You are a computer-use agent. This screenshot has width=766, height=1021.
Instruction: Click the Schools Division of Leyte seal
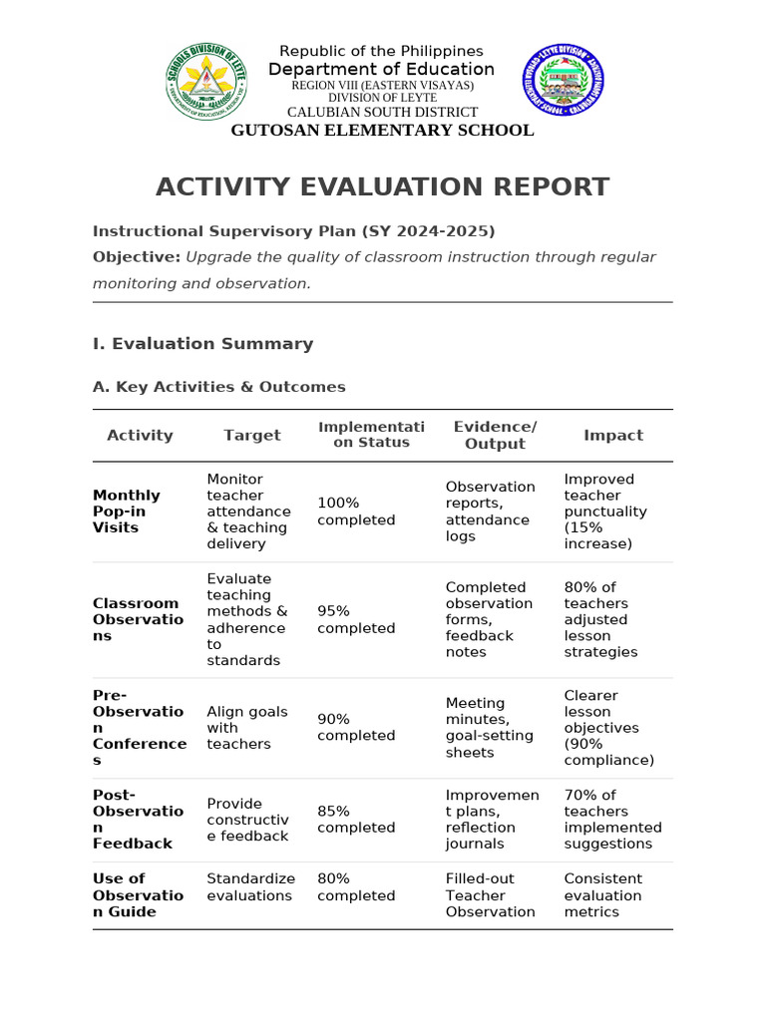(x=206, y=84)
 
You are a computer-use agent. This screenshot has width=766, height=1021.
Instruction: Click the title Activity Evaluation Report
(x=382, y=186)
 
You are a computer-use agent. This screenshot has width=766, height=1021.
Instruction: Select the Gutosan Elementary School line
(x=382, y=131)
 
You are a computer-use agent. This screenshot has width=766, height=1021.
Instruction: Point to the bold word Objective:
(x=137, y=257)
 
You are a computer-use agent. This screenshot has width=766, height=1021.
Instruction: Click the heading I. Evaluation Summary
(x=202, y=344)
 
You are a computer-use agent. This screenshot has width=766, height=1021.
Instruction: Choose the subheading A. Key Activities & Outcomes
(x=219, y=387)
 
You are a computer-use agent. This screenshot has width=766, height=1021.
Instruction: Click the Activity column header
(x=140, y=435)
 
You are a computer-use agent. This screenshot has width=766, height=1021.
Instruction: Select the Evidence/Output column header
(x=495, y=435)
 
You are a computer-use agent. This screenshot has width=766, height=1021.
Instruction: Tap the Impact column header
(x=613, y=435)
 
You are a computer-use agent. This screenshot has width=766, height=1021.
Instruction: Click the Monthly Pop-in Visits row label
(x=127, y=511)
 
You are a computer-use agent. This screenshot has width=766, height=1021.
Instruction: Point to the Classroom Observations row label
(x=138, y=619)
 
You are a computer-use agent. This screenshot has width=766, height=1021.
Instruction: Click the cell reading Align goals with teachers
(x=246, y=728)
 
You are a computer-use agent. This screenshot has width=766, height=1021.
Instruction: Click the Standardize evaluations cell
(x=250, y=887)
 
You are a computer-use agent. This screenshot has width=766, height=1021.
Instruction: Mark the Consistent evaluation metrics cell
(x=602, y=895)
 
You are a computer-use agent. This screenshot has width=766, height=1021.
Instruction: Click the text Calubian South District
(x=382, y=113)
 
